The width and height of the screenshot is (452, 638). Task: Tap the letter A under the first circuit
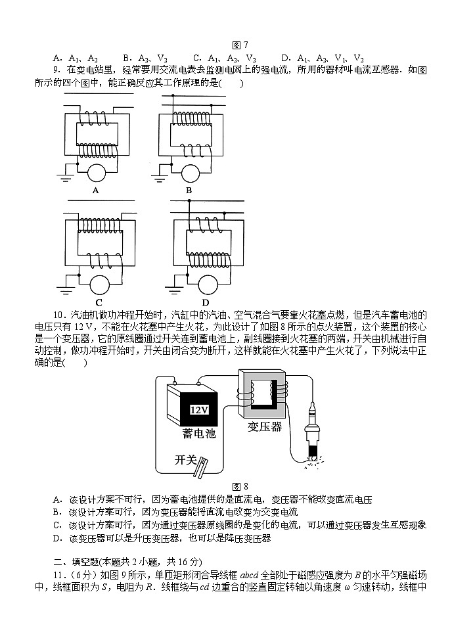[96, 191]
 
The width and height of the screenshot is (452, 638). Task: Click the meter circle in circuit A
[97, 173]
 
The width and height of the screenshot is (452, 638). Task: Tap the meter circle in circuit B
[191, 173]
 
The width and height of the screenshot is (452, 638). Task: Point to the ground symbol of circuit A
[66, 175]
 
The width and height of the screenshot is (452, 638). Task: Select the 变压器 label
[265, 427]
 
